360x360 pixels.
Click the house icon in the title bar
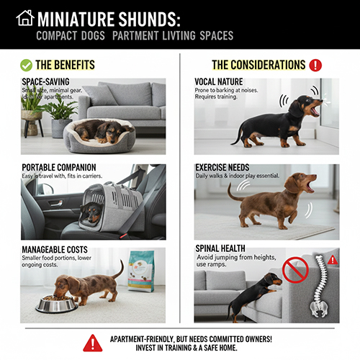[24, 17]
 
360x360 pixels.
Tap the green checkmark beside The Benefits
[26, 65]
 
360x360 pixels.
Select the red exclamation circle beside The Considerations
[315, 65]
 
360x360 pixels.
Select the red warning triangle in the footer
[92, 343]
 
